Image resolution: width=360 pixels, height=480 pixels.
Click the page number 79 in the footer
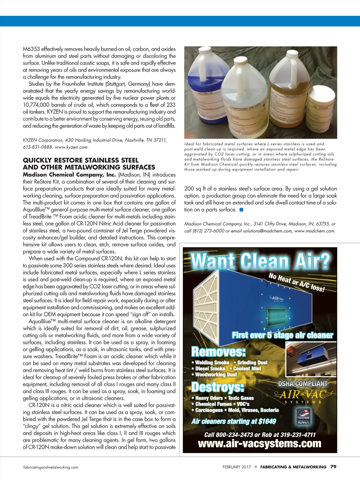(x=333, y=467)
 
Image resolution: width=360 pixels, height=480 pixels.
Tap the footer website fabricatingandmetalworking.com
(x=51, y=467)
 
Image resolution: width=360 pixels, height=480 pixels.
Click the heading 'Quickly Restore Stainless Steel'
(x=81, y=160)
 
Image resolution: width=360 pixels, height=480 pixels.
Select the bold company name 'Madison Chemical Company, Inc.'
(x=69, y=175)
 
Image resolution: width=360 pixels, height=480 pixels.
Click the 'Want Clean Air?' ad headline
(x=260, y=261)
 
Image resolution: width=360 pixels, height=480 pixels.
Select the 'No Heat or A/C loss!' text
(x=296, y=282)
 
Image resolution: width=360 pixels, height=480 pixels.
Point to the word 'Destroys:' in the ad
(x=218, y=387)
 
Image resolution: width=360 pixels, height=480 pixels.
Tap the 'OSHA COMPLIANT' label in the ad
(x=303, y=384)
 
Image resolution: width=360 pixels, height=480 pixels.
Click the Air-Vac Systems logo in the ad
(x=303, y=397)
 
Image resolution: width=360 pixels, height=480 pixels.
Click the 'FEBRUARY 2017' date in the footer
(x=237, y=467)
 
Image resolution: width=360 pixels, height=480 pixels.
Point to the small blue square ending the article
(x=241, y=210)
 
